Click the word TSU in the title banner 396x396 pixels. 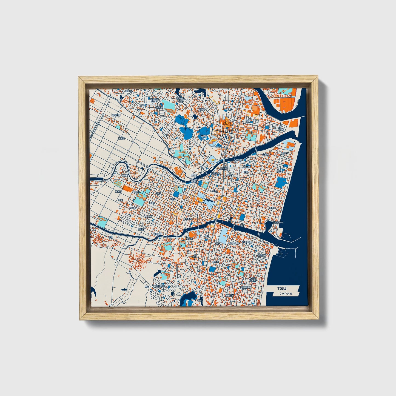coord(281,289)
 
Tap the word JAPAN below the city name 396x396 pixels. coord(286,294)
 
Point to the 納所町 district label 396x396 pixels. coord(121,138)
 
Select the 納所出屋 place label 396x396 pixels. coord(116,115)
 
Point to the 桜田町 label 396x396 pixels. coord(133,208)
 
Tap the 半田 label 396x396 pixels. coord(147,287)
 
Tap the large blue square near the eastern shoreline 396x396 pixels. coord(280,182)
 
